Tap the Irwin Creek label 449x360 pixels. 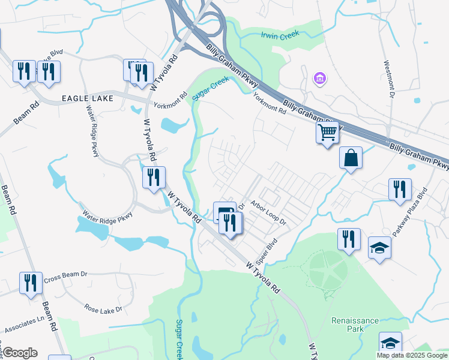coord(280,35)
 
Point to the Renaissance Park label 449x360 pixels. coord(355,325)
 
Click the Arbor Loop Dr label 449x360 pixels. coord(269,213)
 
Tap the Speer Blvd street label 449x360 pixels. coord(265,253)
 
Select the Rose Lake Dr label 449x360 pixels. coord(103,309)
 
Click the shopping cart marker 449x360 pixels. coord(327,132)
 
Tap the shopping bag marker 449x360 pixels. coord(351,158)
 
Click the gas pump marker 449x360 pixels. coord(223,212)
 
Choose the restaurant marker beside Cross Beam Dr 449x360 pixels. coord(31,283)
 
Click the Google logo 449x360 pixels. coord(20,353)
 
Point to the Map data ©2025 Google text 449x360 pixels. coord(411,355)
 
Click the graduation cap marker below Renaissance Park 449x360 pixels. coord(390,343)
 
